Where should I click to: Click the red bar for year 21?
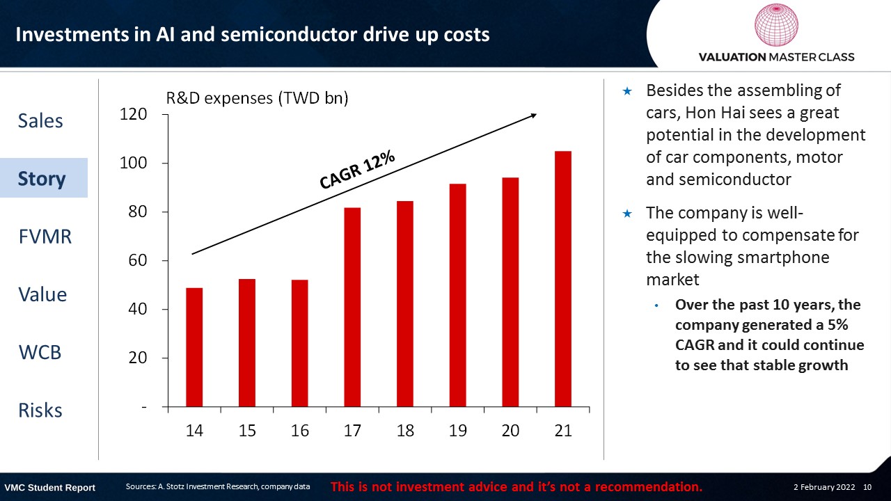tap(563, 279)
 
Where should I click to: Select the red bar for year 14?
tap(194, 347)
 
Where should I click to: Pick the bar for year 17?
tap(352, 307)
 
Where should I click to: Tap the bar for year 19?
tap(458, 295)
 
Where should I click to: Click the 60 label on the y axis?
tap(138, 260)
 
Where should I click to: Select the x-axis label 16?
tap(299, 431)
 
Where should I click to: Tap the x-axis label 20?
tap(510, 431)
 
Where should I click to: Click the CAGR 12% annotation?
tap(357, 169)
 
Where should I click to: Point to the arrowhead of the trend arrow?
tap(533, 116)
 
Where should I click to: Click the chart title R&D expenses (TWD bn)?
tap(257, 98)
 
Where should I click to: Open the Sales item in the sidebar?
tap(40, 120)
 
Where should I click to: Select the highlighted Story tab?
tap(44, 177)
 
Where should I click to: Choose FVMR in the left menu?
tap(45, 237)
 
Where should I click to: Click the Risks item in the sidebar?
tap(40, 411)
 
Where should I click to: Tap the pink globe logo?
tap(776, 24)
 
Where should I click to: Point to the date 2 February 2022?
tap(824, 487)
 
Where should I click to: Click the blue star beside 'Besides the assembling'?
tap(627, 91)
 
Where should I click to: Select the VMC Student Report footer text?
tap(49, 488)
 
